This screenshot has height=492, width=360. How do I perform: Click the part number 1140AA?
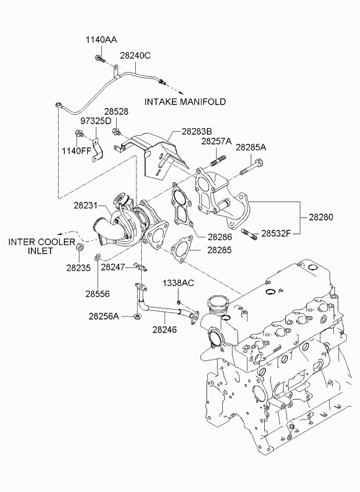[x=102, y=40]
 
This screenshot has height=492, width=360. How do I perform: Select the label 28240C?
[x=135, y=56]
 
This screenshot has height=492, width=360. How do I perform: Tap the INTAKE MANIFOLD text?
[x=185, y=102]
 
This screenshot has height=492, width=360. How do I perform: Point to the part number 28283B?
[x=197, y=131]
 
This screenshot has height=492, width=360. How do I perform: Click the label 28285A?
[x=251, y=147]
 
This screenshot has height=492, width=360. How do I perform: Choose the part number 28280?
[x=321, y=217]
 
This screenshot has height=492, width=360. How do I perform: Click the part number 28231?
[x=86, y=205]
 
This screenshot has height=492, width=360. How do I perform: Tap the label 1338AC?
[x=178, y=283]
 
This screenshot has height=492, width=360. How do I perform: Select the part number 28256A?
[x=104, y=316]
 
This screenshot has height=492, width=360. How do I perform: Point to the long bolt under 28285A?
[x=252, y=167]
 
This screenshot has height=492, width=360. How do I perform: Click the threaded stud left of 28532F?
[x=249, y=234]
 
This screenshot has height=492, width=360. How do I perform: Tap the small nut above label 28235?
[x=80, y=247]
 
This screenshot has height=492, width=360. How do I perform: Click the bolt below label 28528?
[x=117, y=132]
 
